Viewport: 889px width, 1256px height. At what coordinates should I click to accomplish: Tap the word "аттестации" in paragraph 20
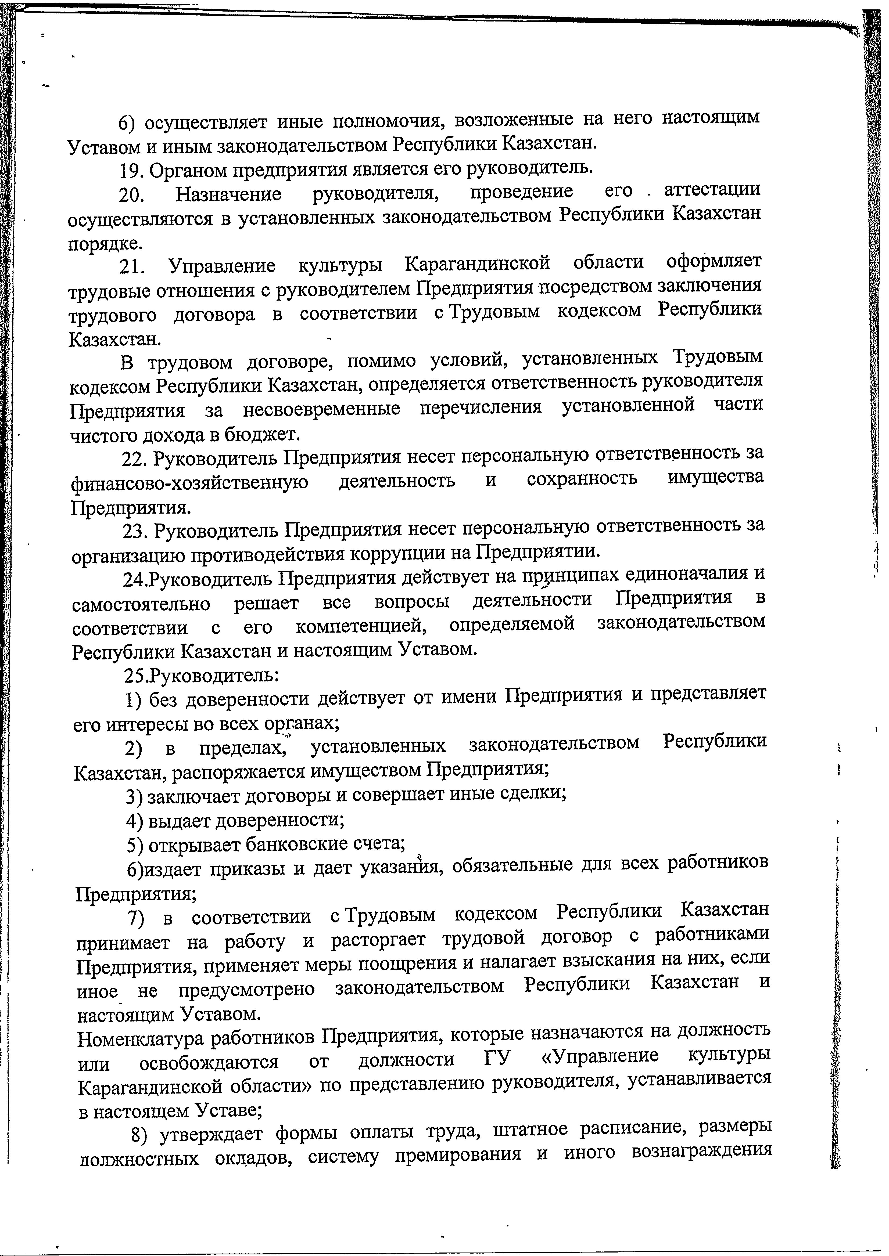pos(712,189)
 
